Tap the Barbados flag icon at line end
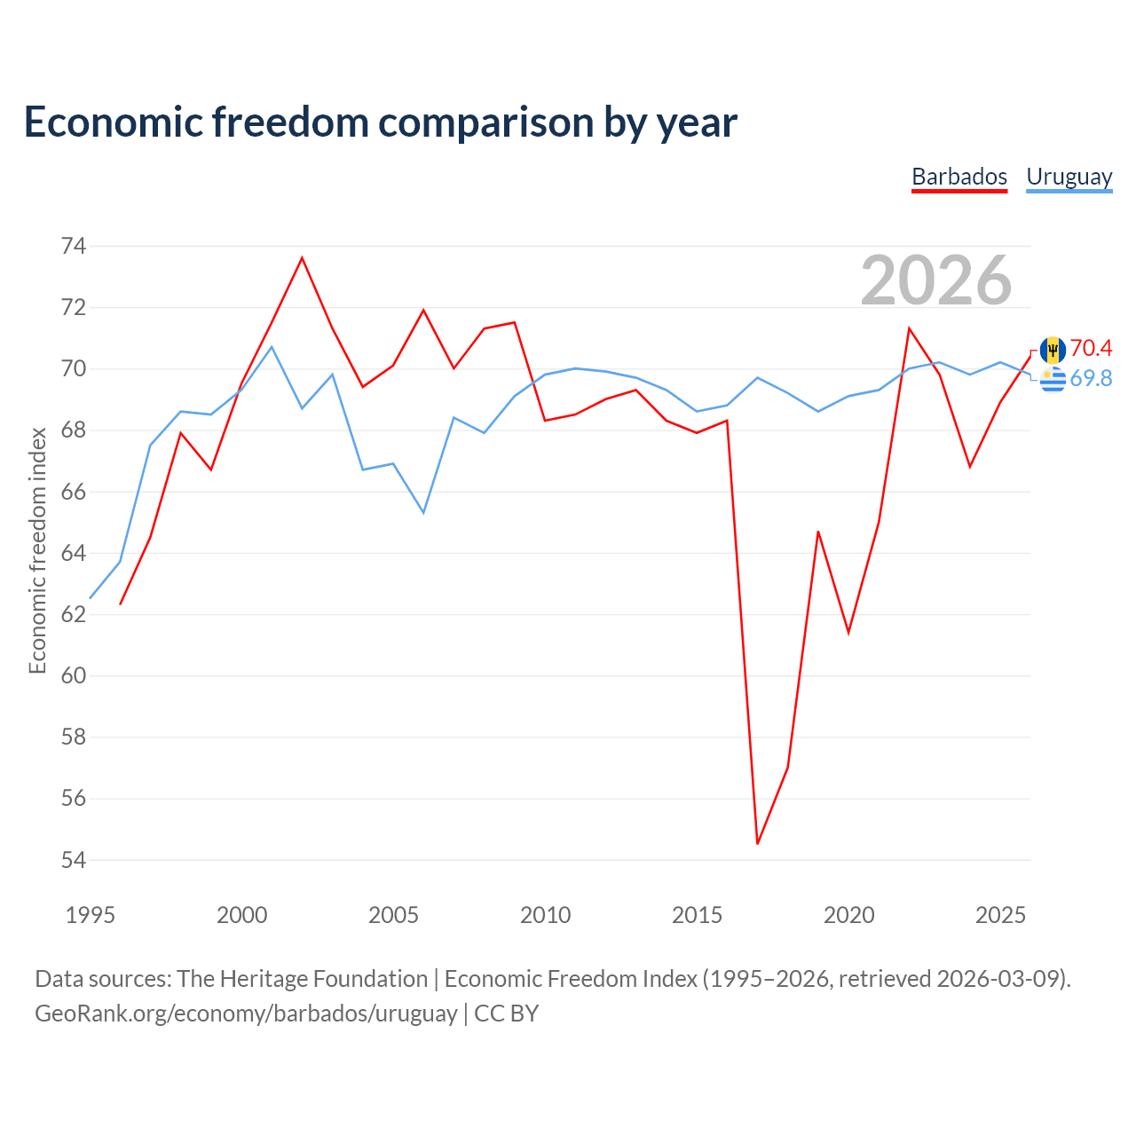(1053, 351)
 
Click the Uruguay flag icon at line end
(1053, 379)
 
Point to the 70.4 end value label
(1091, 348)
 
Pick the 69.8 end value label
(1091, 378)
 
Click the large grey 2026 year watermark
(936, 280)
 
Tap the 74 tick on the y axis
(74, 246)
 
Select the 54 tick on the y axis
(74, 860)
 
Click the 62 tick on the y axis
(74, 614)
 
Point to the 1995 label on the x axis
(91, 915)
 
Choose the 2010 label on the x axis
(545, 915)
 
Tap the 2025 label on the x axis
(1000, 915)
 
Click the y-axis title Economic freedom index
(38, 550)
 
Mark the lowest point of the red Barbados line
(758, 844)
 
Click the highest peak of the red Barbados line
(302, 257)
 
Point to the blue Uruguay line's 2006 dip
(423, 512)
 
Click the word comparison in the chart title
(485, 123)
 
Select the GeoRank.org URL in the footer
(246, 1014)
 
